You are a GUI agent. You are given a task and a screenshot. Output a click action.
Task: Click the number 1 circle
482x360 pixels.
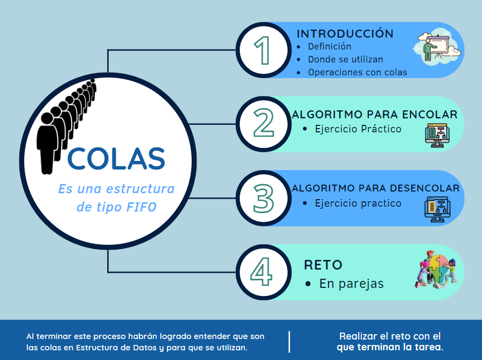[x=263, y=50]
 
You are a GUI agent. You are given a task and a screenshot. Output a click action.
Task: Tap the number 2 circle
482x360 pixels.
[x=263, y=124]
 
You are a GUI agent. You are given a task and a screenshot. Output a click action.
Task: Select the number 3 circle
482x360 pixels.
[x=263, y=198]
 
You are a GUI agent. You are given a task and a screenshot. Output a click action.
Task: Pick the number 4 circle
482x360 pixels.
[x=263, y=272]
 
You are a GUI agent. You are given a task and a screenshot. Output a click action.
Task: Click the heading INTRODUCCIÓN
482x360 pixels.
[x=345, y=33]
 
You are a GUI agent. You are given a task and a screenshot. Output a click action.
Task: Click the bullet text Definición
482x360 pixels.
[x=330, y=47]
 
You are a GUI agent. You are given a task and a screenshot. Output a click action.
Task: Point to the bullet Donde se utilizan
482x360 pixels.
[x=345, y=59]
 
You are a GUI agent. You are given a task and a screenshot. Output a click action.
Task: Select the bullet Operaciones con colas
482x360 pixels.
[x=358, y=72]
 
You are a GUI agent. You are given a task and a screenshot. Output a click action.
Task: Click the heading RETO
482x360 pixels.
[x=323, y=265]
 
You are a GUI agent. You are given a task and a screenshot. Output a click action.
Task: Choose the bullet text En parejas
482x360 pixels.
[x=351, y=284]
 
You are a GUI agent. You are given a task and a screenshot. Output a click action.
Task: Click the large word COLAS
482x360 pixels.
[x=116, y=158]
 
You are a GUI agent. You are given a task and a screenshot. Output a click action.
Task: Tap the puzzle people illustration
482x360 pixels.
[x=436, y=269]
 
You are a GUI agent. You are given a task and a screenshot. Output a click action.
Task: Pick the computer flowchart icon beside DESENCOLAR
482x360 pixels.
[x=437, y=209]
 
